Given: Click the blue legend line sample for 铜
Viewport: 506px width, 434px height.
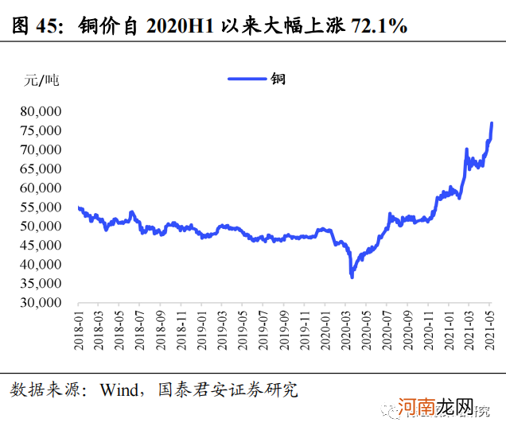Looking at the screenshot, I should pyautogui.click(x=246, y=78).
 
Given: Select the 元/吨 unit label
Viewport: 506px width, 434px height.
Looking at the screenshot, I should pyautogui.click(x=41, y=79).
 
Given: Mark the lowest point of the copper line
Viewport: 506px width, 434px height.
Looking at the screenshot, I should pyautogui.click(x=352, y=276).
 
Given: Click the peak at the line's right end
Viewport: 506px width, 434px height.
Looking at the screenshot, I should pyautogui.click(x=492, y=123).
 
